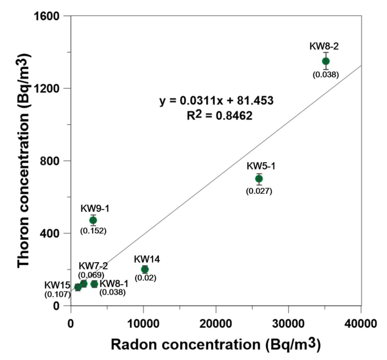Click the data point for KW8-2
(325, 61)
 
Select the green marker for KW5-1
(259, 179)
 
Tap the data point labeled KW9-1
(93, 220)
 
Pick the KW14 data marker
(145, 270)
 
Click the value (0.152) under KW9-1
(93, 231)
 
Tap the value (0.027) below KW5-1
(259, 191)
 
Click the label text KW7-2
(93, 266)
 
